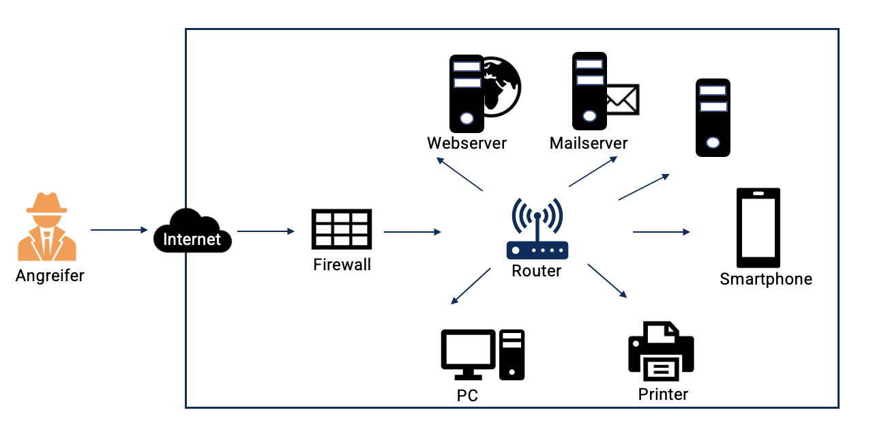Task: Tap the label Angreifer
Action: tap(50, 276)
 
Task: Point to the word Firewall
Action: tap(342, 265)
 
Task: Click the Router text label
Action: tap(537, 271)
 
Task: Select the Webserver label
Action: tap(467, 143)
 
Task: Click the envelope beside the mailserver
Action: tap(621, 100)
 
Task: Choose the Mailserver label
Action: tap(589, 143)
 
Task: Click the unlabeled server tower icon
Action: tap(713, 117)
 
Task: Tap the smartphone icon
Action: tap(758, 227)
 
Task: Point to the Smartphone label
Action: tap(766, 279)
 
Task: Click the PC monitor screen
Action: tap(468, 349)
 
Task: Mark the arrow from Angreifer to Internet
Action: tap(119, 230)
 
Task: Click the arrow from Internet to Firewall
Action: tap(265, 231)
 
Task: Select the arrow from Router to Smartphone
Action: tap(661, 232)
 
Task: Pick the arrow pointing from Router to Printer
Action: tap(607, 280)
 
